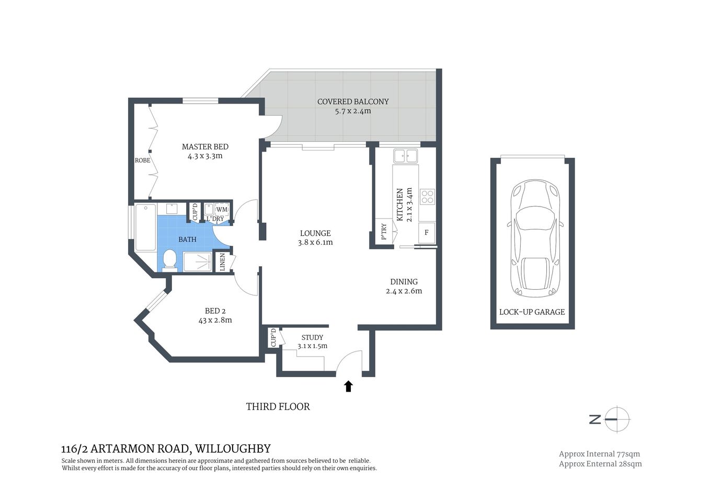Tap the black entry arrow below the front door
348,386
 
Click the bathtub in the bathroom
143,227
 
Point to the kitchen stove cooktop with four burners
428,196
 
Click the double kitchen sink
405,156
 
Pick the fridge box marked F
427,232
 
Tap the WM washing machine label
222,209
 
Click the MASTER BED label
205,146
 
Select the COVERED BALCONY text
353,101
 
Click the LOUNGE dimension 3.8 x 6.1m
315,242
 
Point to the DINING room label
404,281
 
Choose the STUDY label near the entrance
312,337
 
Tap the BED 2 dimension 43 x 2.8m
215,320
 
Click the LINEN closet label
222,262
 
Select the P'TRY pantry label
383,231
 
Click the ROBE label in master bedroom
142,161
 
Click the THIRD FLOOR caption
278,406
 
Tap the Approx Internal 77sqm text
599,454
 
